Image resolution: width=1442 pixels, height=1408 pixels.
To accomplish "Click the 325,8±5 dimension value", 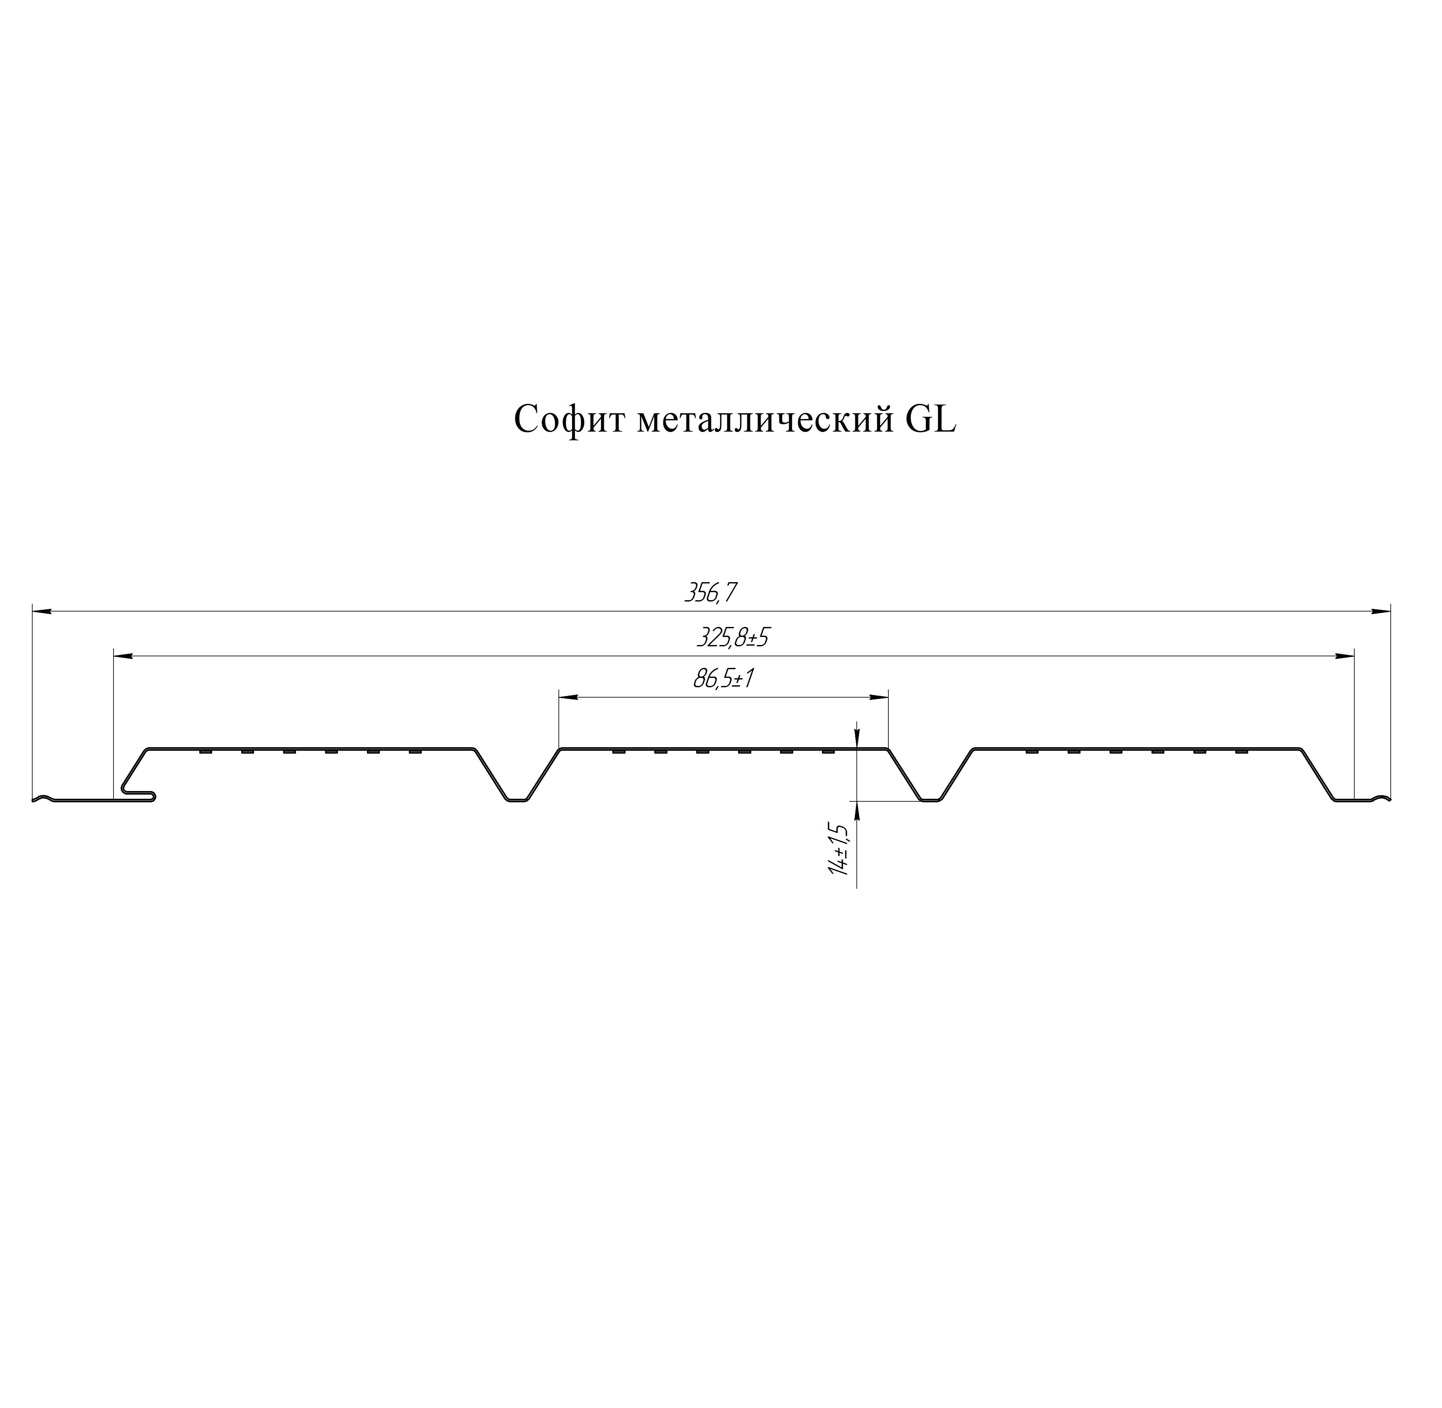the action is point(733,638).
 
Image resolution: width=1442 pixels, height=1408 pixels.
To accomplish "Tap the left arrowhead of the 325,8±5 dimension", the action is point(123,656).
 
